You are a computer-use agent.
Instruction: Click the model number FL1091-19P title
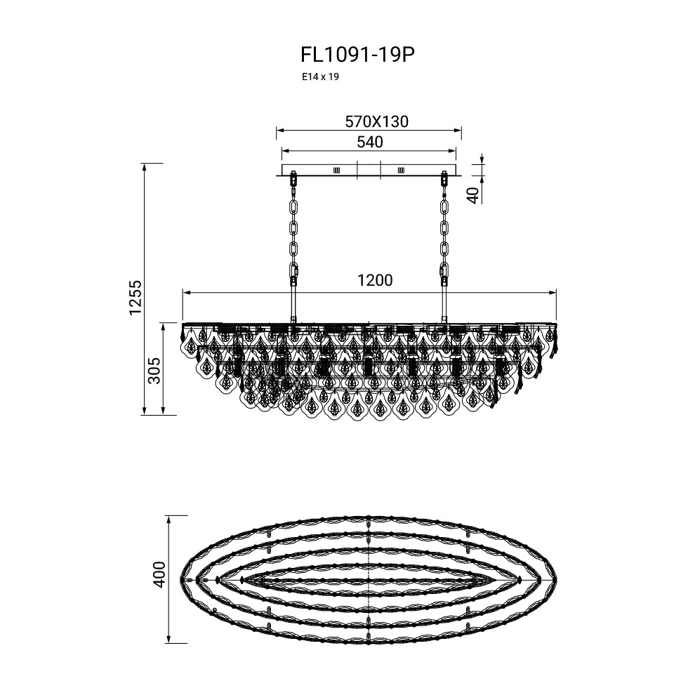point(357,55)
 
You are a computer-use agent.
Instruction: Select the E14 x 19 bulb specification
point(321,77)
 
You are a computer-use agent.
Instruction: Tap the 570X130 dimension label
point(376,121)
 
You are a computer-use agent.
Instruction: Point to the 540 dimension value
point(370,142)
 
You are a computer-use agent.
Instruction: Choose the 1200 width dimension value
point(375,281)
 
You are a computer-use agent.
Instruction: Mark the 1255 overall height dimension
point(135,298)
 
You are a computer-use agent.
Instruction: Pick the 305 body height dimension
point(154,371)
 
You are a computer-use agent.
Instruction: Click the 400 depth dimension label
point(159,574)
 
